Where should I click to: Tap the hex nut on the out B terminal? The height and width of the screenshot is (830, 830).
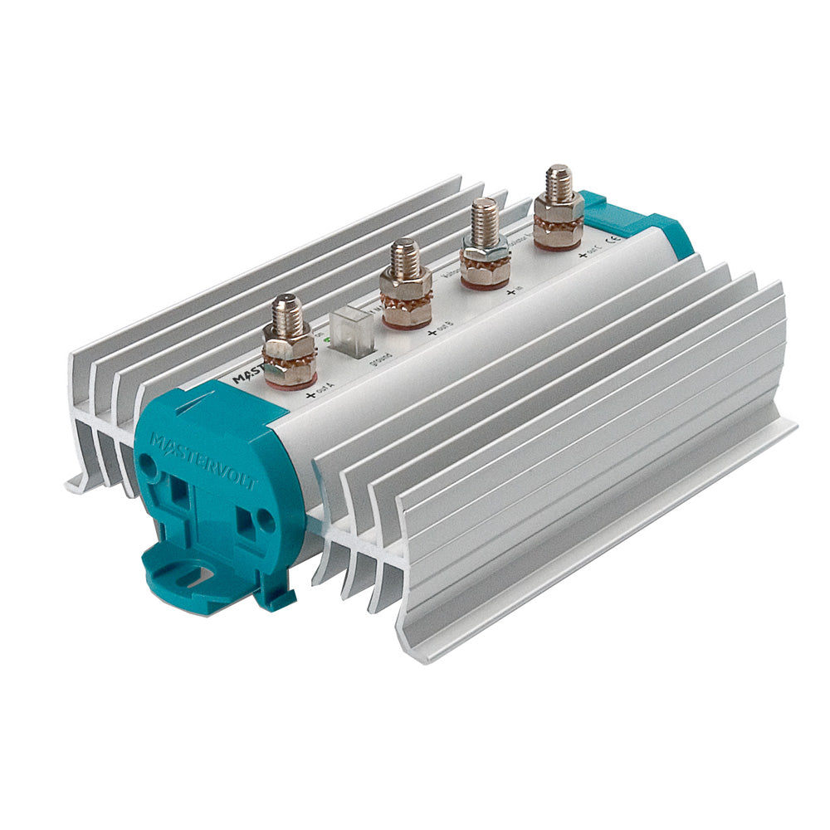(x=406, y=281)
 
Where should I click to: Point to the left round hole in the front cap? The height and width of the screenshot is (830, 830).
(x=149, y=467)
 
